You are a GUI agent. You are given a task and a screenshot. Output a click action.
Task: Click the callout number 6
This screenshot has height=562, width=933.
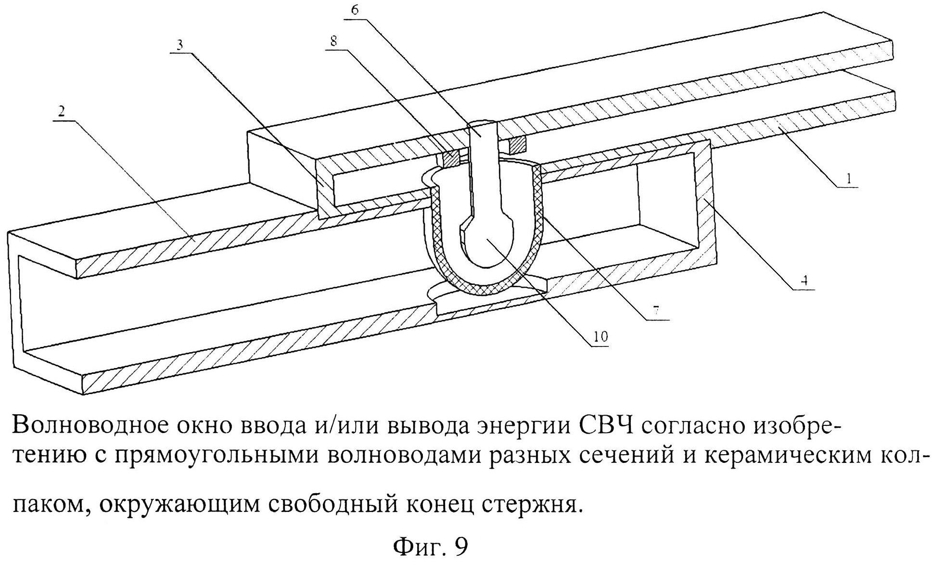pyautogui.click(x=355, y=10)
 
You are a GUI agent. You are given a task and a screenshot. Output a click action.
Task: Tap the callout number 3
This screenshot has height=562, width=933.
pyautogui.click(x=179, y=45)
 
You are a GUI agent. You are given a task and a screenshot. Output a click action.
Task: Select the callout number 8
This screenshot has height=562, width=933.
pyautogui.click(x=333, y=41)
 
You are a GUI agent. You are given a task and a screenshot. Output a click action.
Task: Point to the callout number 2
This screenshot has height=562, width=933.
pyautogui.click(x=62, y=112)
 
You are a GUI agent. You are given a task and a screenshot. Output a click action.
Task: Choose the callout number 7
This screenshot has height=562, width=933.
pyautogui.click(x=656, y=310)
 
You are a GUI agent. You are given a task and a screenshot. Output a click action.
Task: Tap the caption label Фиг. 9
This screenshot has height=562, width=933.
pyautogui.click(x=430, y=546)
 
